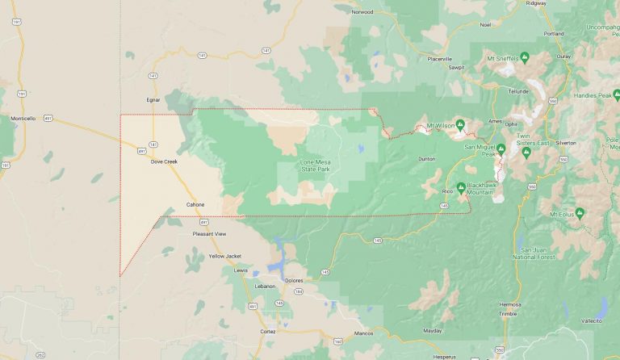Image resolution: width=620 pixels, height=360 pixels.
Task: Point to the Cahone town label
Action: click(195, 204)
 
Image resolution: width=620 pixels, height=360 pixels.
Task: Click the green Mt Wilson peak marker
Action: click(459, 124)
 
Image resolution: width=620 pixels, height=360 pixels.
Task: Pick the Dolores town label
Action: click(294, 279)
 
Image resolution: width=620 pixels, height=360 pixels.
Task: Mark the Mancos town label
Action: click(364, 333)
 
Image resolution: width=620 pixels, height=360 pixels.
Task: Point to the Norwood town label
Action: click(362, 12)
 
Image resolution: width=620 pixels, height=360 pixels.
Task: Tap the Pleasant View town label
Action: click(209, 233)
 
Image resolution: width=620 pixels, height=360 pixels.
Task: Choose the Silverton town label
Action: click(566, 142)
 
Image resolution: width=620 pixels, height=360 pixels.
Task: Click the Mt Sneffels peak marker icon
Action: click(525, 57)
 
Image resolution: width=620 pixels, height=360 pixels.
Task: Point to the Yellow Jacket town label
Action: click(224, 256)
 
